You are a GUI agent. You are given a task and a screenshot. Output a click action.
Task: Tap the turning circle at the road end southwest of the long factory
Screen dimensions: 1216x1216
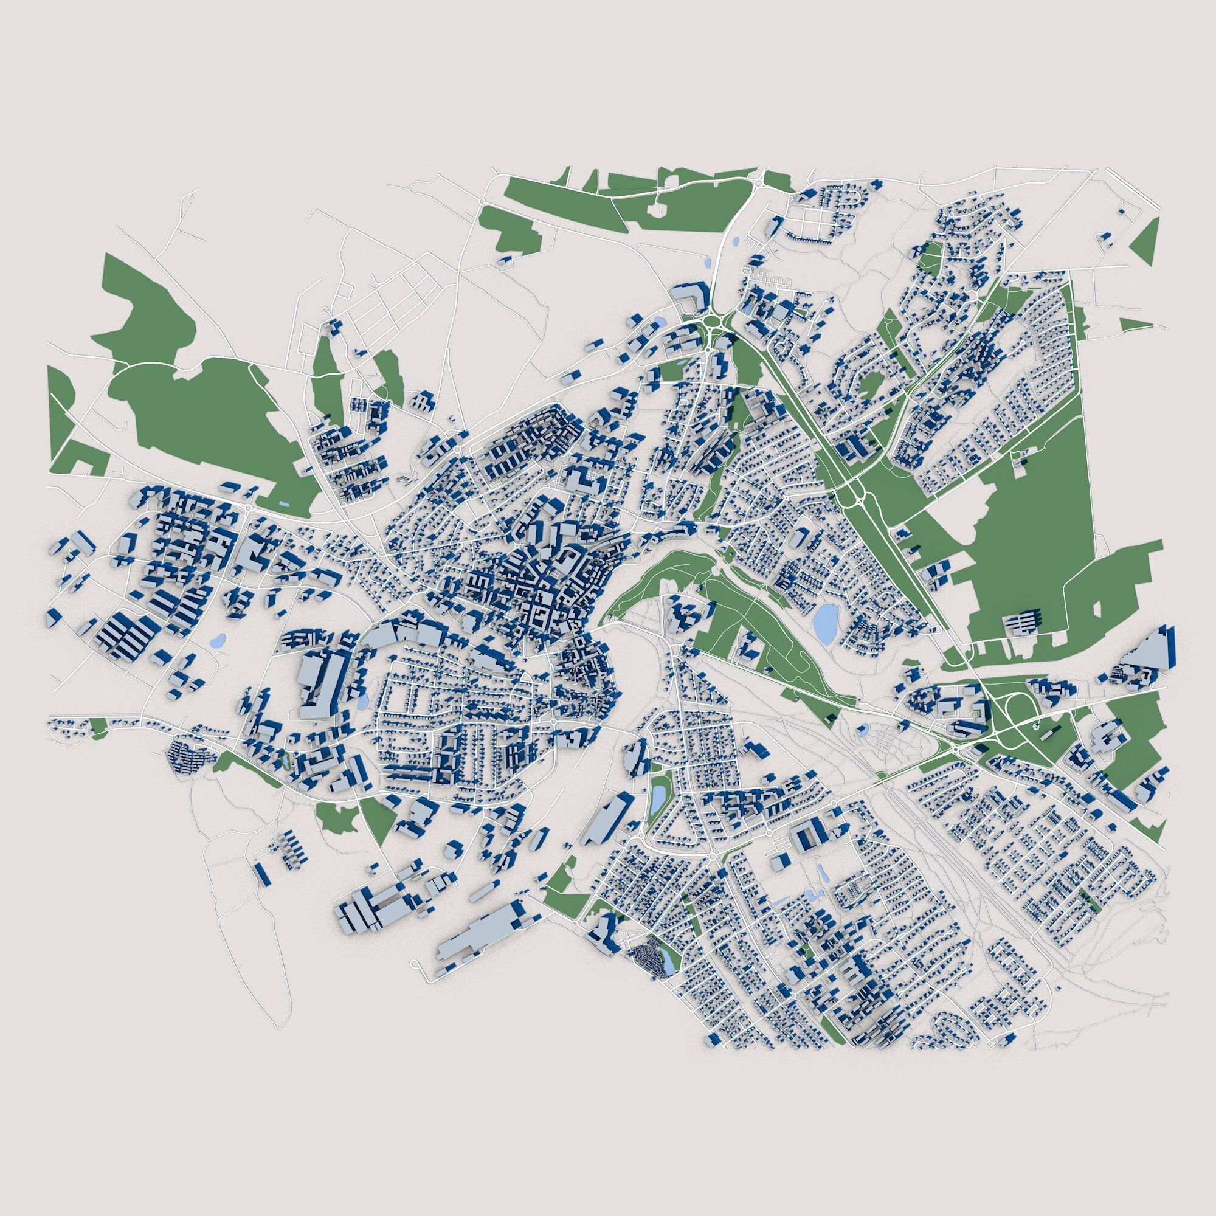point(416,963)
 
